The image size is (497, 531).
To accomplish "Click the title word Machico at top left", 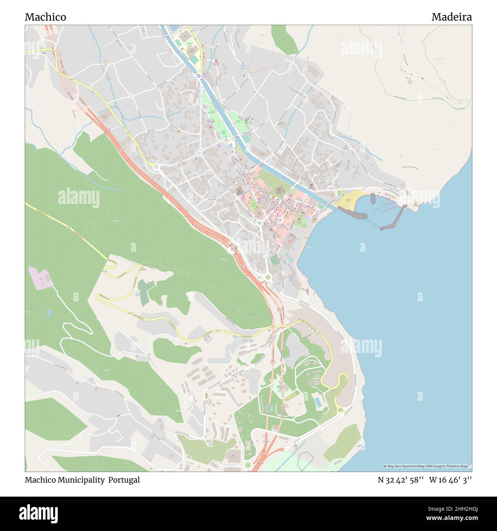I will point(45,17).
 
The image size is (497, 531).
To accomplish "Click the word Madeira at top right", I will point(452,17).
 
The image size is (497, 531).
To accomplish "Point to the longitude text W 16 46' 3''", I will point(450,480).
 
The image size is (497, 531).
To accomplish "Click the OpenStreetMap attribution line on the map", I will point(427,466).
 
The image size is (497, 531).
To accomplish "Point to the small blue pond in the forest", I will point(48,314).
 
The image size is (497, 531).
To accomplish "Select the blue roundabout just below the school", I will point(198,77).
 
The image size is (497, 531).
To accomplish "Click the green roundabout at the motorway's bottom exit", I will point(248,465).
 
